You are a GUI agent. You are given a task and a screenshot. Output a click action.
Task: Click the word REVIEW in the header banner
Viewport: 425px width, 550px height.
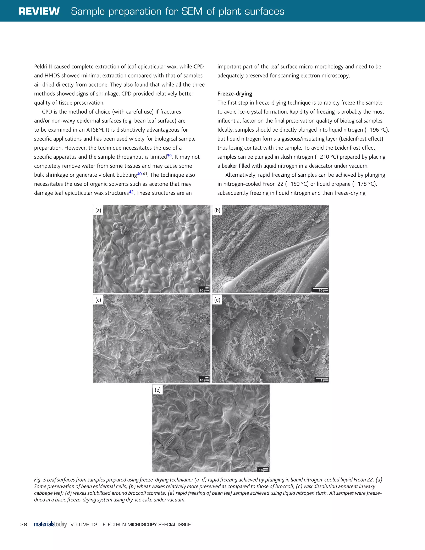coord(39,11)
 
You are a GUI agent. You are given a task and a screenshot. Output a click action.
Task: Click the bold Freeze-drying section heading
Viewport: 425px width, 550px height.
coord(235,94)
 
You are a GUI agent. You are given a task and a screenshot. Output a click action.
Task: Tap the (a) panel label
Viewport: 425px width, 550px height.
coord(98,210)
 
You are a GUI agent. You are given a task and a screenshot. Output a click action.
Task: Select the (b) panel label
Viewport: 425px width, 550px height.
coord(217,210)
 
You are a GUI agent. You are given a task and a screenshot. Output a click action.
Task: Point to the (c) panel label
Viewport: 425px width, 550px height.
coord(98,300)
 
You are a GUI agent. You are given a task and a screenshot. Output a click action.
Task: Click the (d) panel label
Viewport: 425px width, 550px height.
coord(217,300)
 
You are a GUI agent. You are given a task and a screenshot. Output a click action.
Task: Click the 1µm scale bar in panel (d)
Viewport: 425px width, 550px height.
coord(321,380)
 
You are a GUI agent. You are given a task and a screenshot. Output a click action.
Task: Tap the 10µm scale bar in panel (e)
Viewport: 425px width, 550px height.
coord(263,469)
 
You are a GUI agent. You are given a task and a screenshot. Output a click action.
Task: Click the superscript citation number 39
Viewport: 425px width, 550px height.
coord(169,156)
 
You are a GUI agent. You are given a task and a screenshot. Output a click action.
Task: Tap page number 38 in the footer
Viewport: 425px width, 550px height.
coord(24,524)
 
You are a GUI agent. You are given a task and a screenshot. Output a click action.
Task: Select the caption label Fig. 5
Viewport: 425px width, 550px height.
coord(40,480)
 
